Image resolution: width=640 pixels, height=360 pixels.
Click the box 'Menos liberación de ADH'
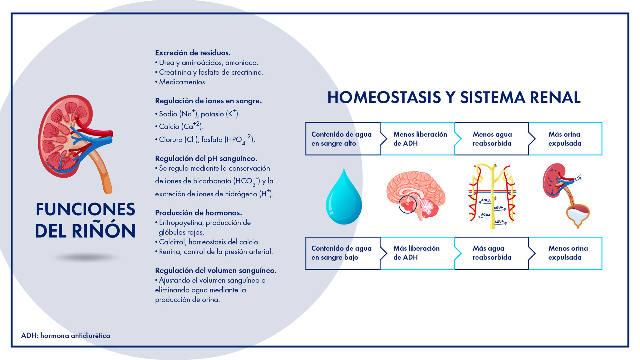[418, 139]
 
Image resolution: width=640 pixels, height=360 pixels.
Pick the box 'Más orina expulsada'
[565, 139]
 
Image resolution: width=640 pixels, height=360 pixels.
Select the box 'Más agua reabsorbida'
[492, 253]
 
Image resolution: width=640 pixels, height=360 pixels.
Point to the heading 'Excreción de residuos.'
[193, 53]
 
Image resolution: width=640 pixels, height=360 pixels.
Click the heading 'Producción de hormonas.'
[198, 213]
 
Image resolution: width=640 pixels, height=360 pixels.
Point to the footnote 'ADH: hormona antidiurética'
[66, 336]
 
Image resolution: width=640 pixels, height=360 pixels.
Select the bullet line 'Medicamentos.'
[182, 82]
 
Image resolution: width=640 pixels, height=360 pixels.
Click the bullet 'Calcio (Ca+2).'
[180, 126]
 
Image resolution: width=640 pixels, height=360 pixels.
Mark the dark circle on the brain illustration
[407, 205]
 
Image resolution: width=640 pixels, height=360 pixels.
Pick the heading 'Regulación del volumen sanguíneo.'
[216, 270]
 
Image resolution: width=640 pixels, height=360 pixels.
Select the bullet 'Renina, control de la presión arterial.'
[215, 252]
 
